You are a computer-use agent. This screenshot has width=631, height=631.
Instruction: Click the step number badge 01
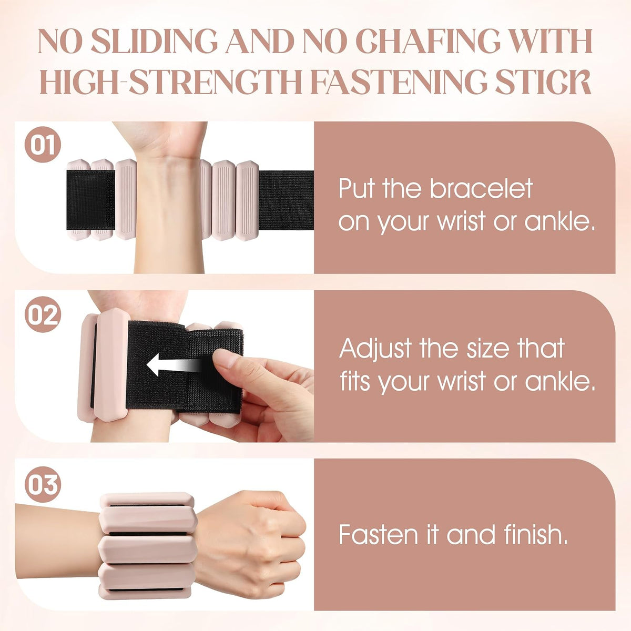click(43, 145)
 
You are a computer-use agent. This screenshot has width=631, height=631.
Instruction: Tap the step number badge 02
click(43, 314)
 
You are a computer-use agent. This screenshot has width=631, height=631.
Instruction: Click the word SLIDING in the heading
click(154, 42)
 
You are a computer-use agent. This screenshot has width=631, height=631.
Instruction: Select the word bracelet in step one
click(481, 189)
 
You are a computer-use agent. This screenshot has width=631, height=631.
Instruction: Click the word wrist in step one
click(462, 222)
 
